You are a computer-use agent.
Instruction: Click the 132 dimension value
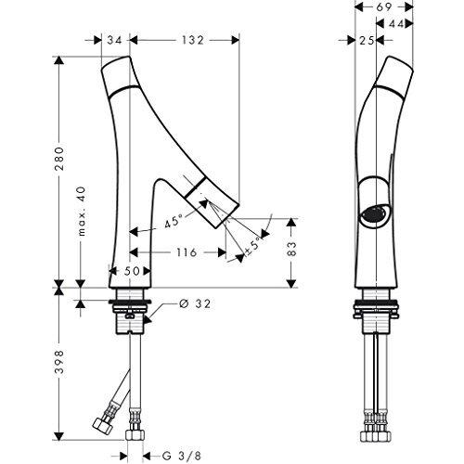pos(192,40)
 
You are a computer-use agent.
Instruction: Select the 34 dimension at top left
pos(114,40)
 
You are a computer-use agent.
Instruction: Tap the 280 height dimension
pos(58,159)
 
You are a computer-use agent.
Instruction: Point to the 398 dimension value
pos(58,362)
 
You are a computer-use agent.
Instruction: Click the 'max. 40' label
pos(81,212)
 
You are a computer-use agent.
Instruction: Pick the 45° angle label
pos(173,222)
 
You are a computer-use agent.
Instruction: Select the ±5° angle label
pos(253,247)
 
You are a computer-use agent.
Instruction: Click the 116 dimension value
pos(187,252)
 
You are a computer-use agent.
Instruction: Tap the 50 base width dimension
pos(132,271)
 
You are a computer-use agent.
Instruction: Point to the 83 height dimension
pos(291,249)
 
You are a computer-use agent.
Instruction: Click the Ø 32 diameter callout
pos(195,303)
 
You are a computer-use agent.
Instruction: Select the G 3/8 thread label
pos(182,456)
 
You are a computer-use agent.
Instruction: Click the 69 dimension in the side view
pos(384,6)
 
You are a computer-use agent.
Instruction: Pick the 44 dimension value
pos(396,23)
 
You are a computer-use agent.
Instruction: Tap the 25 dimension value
pos(367,40)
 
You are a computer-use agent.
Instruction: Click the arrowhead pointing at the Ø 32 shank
pos(148,319)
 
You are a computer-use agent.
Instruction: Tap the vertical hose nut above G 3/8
pos(135,434)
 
